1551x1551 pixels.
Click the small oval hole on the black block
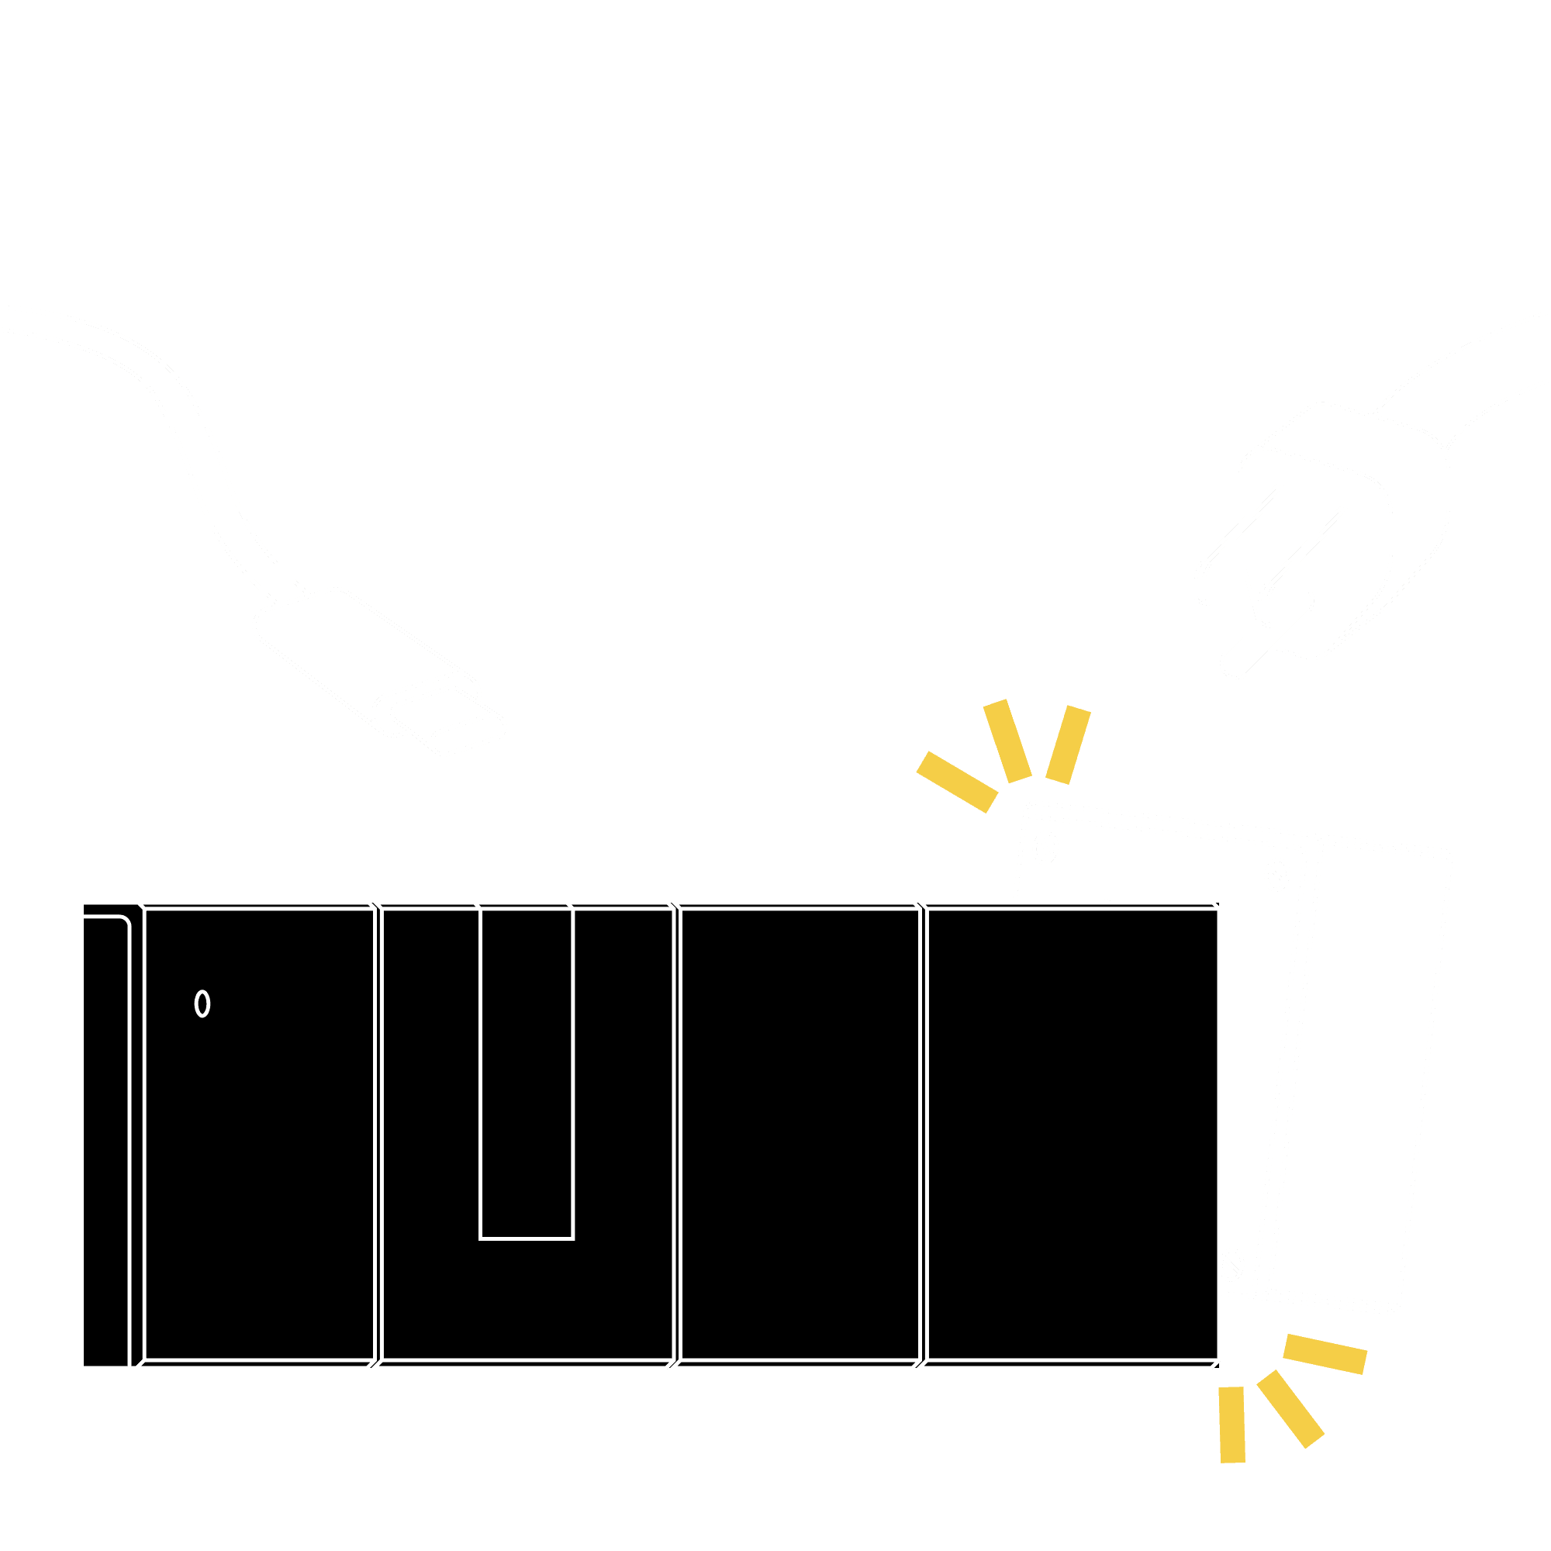(202, 1003)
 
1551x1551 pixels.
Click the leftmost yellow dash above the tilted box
(957, 782)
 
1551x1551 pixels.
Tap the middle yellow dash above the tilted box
(1007, 741)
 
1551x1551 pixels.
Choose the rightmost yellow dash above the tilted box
(1068, 745)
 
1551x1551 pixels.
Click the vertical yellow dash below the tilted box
(1232, 1423)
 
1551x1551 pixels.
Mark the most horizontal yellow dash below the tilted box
(1325, 1354)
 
